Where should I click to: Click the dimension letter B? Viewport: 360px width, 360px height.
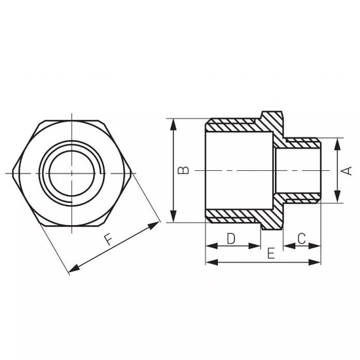[185, 171]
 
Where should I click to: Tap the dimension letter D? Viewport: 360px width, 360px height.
[231, 238]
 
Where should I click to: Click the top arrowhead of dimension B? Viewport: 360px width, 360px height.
[173, 122]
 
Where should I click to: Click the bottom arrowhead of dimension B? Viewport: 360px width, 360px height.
[173, 219]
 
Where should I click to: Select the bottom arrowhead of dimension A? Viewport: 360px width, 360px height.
[336, 199]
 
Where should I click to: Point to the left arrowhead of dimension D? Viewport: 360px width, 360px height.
[209, 246]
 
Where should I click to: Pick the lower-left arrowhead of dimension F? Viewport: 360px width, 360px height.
[72, 270]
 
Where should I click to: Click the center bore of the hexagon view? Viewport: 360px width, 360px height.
[72, 172]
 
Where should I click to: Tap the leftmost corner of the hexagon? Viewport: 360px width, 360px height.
[14, 172]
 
